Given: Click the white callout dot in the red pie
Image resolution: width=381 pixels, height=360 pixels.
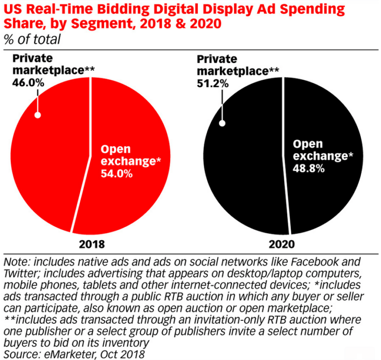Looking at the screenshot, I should (x=37, y=115).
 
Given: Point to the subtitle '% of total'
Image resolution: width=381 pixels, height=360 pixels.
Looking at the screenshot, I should (x=32, y=39).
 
